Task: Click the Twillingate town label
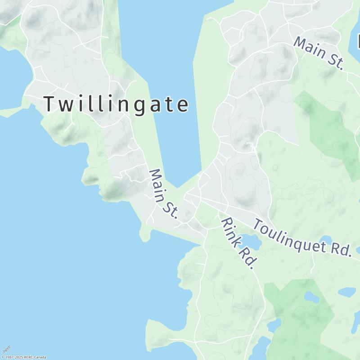click(x=116, y=104)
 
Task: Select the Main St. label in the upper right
click(x=319, y=53)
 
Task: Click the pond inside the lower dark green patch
click(x=311, y=297)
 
